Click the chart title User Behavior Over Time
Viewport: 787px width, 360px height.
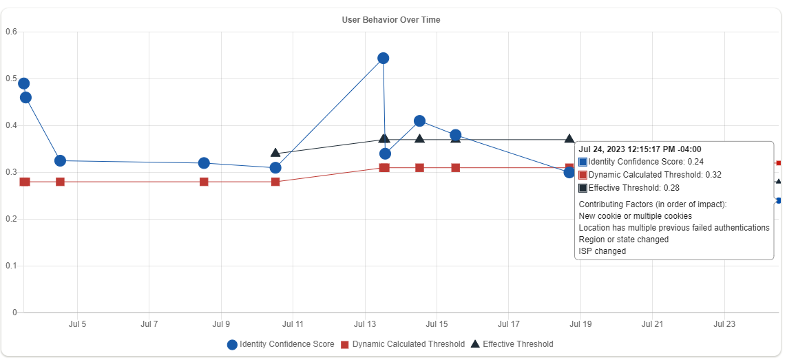(391, 20)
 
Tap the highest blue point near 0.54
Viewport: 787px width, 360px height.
(384, 58)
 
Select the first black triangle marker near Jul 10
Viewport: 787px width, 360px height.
(275, 153)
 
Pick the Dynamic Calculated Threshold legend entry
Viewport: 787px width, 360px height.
(403, 344)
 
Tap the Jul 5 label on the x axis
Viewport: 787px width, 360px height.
(77, 324)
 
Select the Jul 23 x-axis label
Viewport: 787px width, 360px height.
(724, 324)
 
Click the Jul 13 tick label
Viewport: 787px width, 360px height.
(365, 324)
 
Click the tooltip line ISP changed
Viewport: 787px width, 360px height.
(602, 251)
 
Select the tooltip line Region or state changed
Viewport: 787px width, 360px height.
(624, 240)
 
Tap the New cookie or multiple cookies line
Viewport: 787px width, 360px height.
(636, 216)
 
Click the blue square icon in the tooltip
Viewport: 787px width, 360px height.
(583, 162)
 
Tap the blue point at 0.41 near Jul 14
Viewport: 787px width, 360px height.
(419, 121)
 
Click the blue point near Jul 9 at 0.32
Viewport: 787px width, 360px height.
(204, 163)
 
